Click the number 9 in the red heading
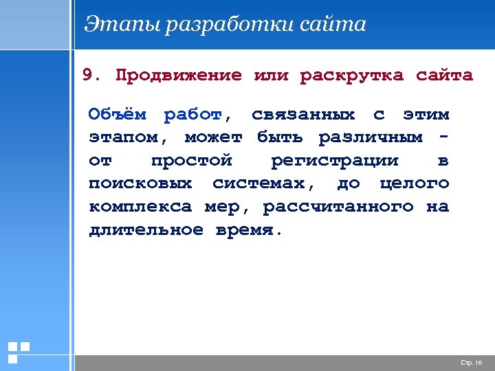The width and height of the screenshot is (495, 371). pyautogui.click(x=87, y=75)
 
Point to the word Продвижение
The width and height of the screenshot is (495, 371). pyautogui.click(x=179, y=75)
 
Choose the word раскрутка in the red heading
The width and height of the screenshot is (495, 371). pyautogui.click(x=351, y=75)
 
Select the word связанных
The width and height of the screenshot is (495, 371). pyautogui.click(x=303, y=114)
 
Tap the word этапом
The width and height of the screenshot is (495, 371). pyautogui.click(x=124, y=137)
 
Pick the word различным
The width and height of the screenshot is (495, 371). pyautogui.click(x=371, y=137)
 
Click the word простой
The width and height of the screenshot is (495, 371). pyautogui.click(x=192, y=161)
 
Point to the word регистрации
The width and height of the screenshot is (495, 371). pyautogui.click(x=335, y=161)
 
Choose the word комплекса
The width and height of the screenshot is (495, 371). pyautogui.click(x=140, y=206)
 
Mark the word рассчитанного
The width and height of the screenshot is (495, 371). pyautogui.click(x=338, y=207)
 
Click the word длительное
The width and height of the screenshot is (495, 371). pyautogui.click(x=146, y=229)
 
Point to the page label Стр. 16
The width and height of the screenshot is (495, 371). pyautogui.click(x=471, y=362)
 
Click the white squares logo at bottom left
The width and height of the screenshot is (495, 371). pyautogui.click(x=18, y=352)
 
